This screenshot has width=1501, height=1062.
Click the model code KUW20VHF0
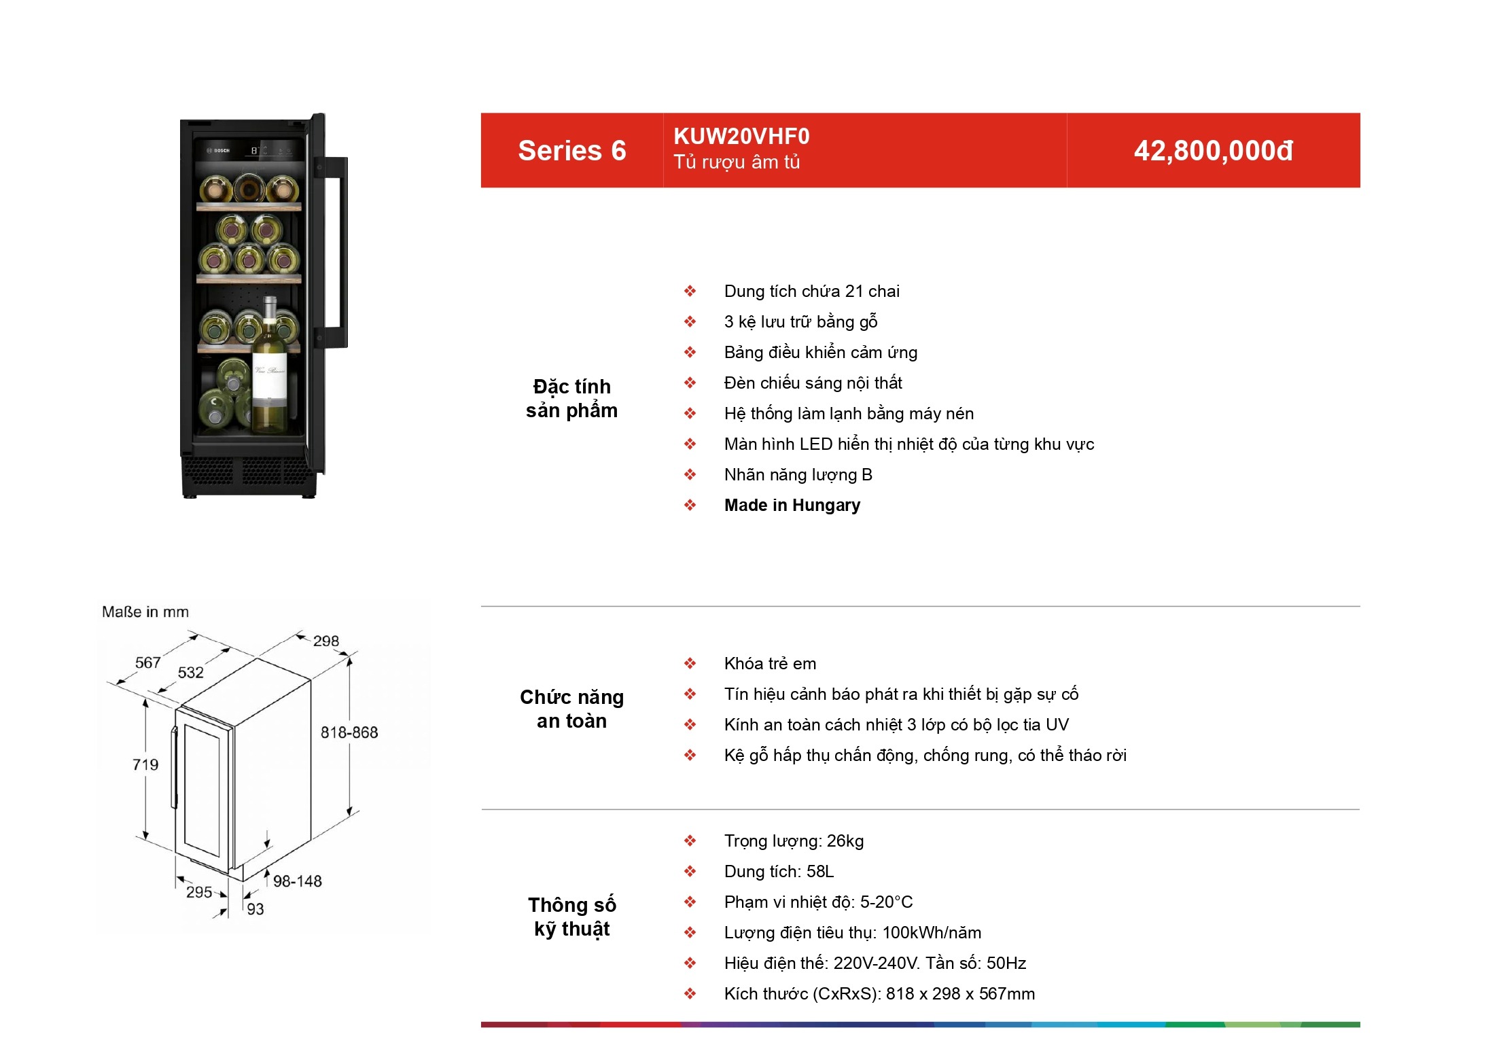[x=741, y=137]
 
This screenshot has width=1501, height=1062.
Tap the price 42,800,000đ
[x=1214, y=151]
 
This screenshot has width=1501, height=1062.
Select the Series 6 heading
[x=572, y=151]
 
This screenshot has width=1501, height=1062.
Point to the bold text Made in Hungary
[x=792, y=506]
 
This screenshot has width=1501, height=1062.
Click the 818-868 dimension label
[x=349, y=732]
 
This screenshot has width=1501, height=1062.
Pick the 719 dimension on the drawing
[x=145, y=765]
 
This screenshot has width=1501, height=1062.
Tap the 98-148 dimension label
[x=298, y=881]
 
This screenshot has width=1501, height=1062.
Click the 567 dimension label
[x=148, y=662]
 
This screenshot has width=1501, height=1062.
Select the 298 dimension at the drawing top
[x=326, y=641]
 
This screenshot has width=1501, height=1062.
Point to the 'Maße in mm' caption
[x=145, y=612]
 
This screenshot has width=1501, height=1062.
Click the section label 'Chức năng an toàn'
[x=572, y=709]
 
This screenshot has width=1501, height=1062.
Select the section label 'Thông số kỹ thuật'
[x=572, y=917]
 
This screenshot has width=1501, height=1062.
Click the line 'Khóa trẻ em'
[x=771, y=664]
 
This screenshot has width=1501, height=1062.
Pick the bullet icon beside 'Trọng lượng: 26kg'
[x=690, y=841]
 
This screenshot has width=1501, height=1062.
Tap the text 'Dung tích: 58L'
[x=779, y=872]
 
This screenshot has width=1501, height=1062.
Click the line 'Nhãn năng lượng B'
[x=798, y=475]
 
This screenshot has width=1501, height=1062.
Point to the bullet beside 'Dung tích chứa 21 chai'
[x=690, y=291]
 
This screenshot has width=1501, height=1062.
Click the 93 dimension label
[x=255, y=909]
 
